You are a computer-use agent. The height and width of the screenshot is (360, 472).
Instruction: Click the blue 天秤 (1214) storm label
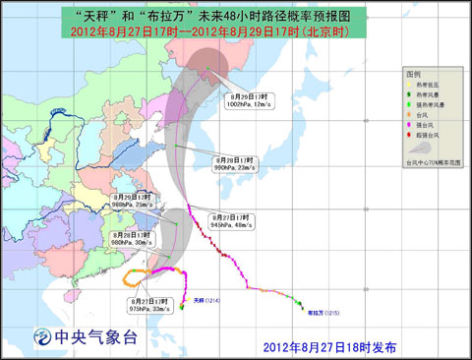[x=207, y=300]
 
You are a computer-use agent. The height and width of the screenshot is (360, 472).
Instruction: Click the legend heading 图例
[x=412, y=75]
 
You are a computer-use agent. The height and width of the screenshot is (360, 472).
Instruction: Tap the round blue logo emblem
[x=41, y=336]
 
